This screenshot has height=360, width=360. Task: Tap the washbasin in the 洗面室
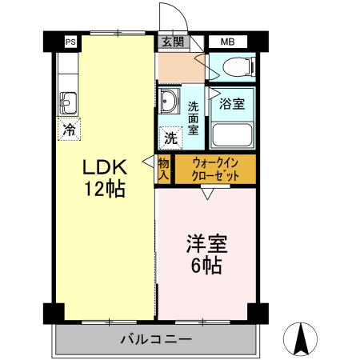point(170,101)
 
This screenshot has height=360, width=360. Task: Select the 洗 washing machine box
point(170,138)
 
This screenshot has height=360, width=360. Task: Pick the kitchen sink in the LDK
point(68,102)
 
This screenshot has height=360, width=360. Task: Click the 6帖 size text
point(206,266)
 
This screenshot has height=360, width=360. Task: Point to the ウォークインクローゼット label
point(214,168)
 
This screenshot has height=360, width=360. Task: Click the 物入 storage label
point(163,169)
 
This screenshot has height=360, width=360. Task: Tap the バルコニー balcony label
point(156,340)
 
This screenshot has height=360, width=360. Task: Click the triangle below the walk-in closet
point(207,192)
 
